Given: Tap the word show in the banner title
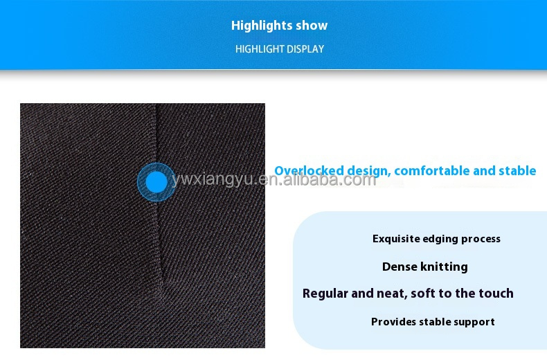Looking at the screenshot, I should pos(312,26).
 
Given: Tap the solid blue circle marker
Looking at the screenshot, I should pos(157,182).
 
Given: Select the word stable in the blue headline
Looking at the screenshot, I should pos(518,170).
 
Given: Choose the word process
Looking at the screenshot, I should pos(481,239).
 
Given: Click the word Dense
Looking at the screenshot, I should pos(399,267).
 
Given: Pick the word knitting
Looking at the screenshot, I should pos(444,267).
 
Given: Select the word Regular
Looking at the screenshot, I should pos(325,294).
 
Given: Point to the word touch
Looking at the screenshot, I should pos(494,294).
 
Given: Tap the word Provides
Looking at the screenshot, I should pos(394,322).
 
